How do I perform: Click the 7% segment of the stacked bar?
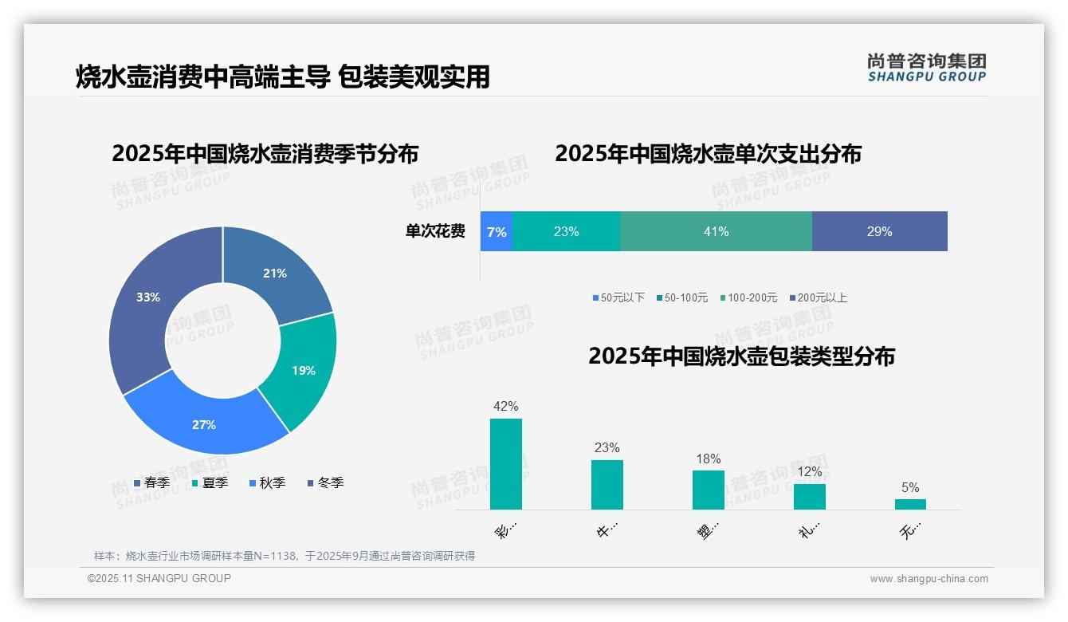[496, 231]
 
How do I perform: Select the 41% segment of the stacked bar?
[716, 231]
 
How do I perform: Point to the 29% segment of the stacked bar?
[879, 231]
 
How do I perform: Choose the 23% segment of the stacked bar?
[566, 231]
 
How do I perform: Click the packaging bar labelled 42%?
[505, 464]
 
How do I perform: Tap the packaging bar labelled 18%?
[708, 490]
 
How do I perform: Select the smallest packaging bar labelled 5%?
[910, 504]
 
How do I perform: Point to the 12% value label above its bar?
[810, 471]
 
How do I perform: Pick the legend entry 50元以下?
[618, 297]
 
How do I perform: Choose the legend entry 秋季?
[267, 482]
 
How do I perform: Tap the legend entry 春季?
[151, 482]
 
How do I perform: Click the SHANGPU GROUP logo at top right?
[926, 68]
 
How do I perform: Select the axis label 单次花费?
[435, 231]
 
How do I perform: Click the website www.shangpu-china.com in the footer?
[929, 578]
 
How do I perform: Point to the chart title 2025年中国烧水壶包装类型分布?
[741, 356]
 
